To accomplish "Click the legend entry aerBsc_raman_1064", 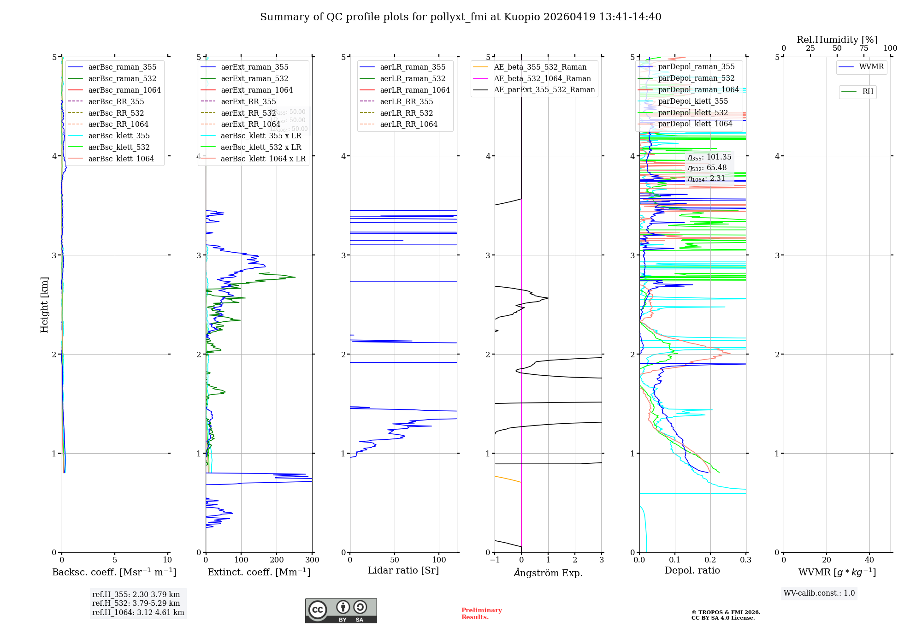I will [124, 90].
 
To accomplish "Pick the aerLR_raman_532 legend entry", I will [412, 78].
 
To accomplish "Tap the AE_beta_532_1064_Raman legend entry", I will [542, 78].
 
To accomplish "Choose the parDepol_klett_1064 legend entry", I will [695, 124].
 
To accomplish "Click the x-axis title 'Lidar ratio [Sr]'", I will [403, 570].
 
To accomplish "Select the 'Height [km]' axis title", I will [44, 304].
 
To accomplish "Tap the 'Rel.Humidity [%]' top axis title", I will [837, 40].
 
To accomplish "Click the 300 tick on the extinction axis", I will [312, 560].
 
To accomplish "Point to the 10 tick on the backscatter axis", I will [167, 560].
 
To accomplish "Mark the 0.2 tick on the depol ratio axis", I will [710, 560].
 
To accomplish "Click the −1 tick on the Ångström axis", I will [495, 560].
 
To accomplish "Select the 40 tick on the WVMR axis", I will [869, 560].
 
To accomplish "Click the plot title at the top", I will [461, 17].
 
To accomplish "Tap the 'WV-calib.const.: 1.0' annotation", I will [819, 593].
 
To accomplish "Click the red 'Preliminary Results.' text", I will [481, 613].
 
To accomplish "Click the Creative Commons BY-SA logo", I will [341, 611].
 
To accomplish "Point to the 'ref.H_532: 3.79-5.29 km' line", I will [136, 603].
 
